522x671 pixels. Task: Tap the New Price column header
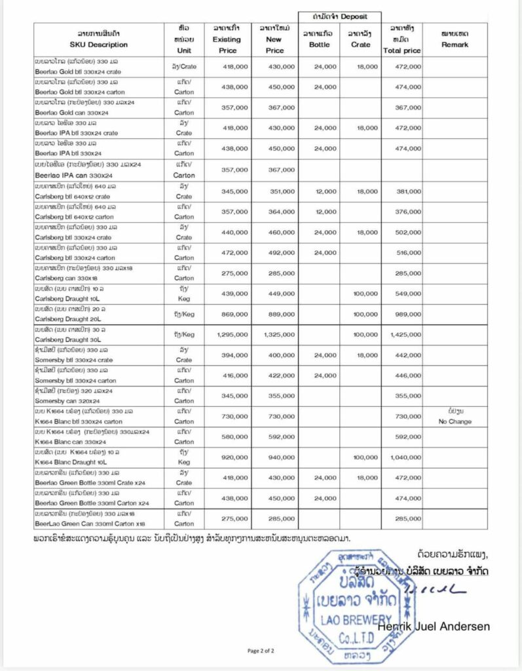(275, 39)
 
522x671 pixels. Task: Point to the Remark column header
(455, 45)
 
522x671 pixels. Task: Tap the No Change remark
(455, 421)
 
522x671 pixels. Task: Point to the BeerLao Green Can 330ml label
(90, 523)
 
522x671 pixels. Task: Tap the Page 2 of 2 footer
(261, 651)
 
